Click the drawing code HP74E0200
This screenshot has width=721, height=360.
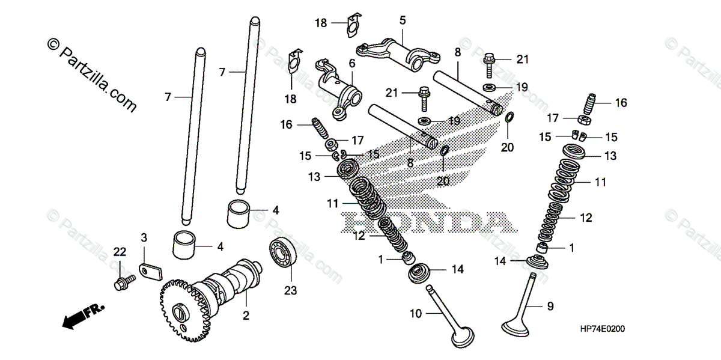[x=602, y=329]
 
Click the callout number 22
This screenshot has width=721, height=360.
[x=120, y=251]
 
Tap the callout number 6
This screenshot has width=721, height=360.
[x=351, y=63]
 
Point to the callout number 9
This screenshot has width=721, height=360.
[x=550, y=307]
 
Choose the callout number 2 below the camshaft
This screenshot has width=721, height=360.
[x=245, y=316]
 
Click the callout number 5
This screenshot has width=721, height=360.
[x=402, y=20]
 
